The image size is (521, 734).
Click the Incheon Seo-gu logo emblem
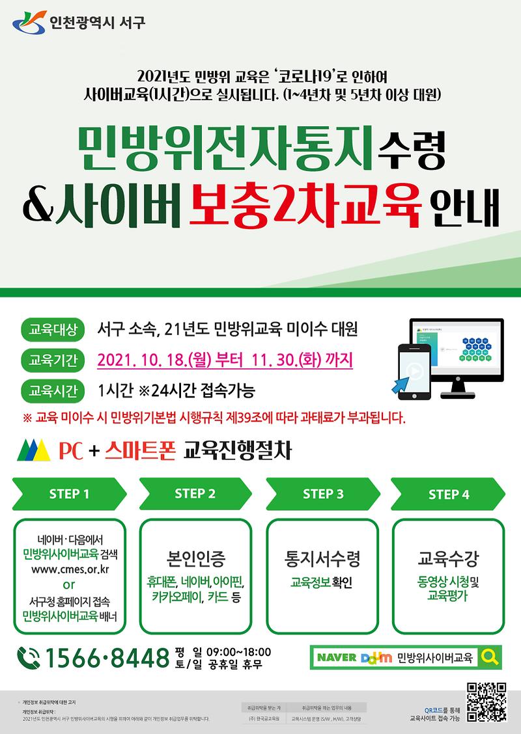[x=28, y=24]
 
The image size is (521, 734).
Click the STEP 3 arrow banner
[x=323, y=494]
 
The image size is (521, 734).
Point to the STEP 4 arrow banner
[x=449, y=495]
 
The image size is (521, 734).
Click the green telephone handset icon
[x=29, y=659]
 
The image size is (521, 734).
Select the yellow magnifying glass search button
[x=490, y=658]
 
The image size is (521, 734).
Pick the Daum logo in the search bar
[x=376, y=658]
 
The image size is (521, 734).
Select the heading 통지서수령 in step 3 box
[x=322, y=558]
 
